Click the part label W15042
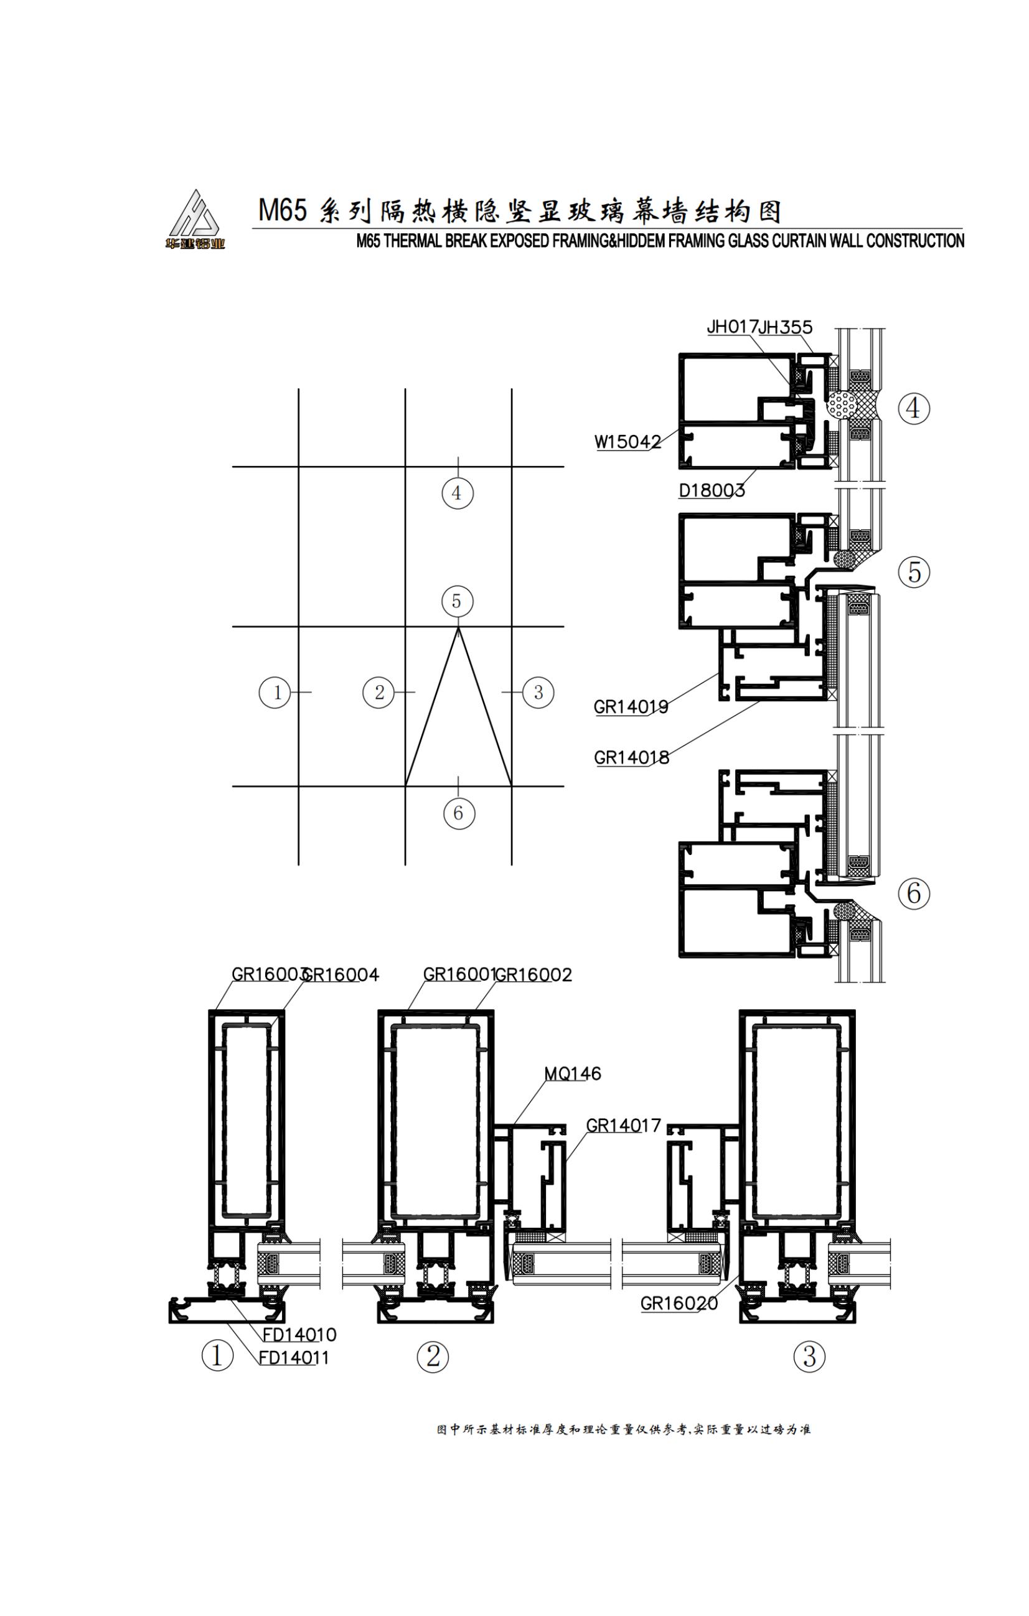[x=627, y=442]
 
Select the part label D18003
[x=712, y=490]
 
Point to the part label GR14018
[x=631, y=758]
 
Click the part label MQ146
[x=572, y=1074]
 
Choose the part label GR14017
[x=624, y=1126]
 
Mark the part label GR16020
[x=679, y=1303]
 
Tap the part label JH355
[x=786, y=327]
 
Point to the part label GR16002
[x=533, y=975]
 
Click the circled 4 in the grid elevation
[x=457, y=493]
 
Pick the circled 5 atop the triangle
[x=457, y=601]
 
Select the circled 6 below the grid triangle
[x=458, y=813]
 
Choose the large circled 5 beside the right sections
[x=914, y=572]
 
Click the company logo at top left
[x=195, y=220]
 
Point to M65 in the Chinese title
[x=283, y=211]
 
